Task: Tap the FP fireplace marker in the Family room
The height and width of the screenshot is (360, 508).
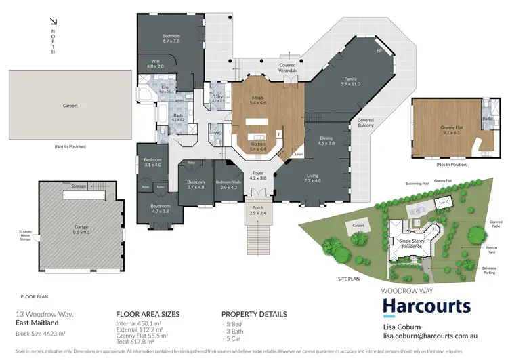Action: point(379,50)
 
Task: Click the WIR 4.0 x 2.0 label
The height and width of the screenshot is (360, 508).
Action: point(155,64)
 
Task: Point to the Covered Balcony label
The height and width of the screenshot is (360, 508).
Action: point(366,123)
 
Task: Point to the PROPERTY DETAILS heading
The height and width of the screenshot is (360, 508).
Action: point(254,315)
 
